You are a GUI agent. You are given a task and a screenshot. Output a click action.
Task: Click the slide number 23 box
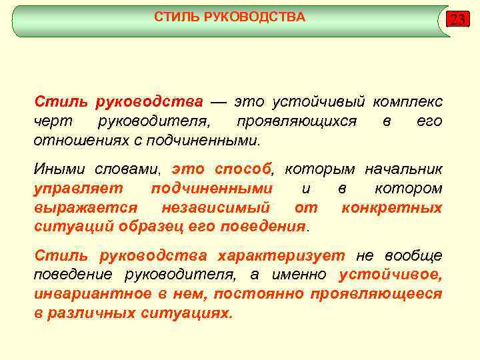[x=457, y=19]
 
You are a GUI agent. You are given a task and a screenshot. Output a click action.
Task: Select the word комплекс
[x=407, y=102]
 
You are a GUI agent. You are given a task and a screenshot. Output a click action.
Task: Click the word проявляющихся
[x=296, y=122]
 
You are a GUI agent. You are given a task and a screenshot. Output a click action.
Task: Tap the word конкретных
[x=391, y=208]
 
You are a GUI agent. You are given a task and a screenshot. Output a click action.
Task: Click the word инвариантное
[x=84, y=294]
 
